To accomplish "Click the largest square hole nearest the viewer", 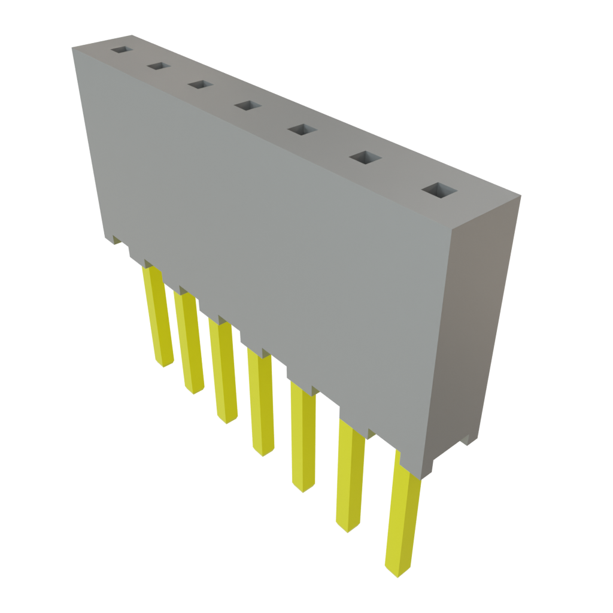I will tap(439, 191).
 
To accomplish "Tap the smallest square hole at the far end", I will tap(122, 50).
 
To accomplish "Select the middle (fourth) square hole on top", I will tap(247, 106).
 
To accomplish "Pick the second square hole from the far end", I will tap(159, 66).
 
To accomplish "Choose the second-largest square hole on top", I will tap(365, 158).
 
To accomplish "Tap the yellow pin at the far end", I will tap(159, 317).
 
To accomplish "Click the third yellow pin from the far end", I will tap(224, 371).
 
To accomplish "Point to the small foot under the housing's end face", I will tap(468, 442).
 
